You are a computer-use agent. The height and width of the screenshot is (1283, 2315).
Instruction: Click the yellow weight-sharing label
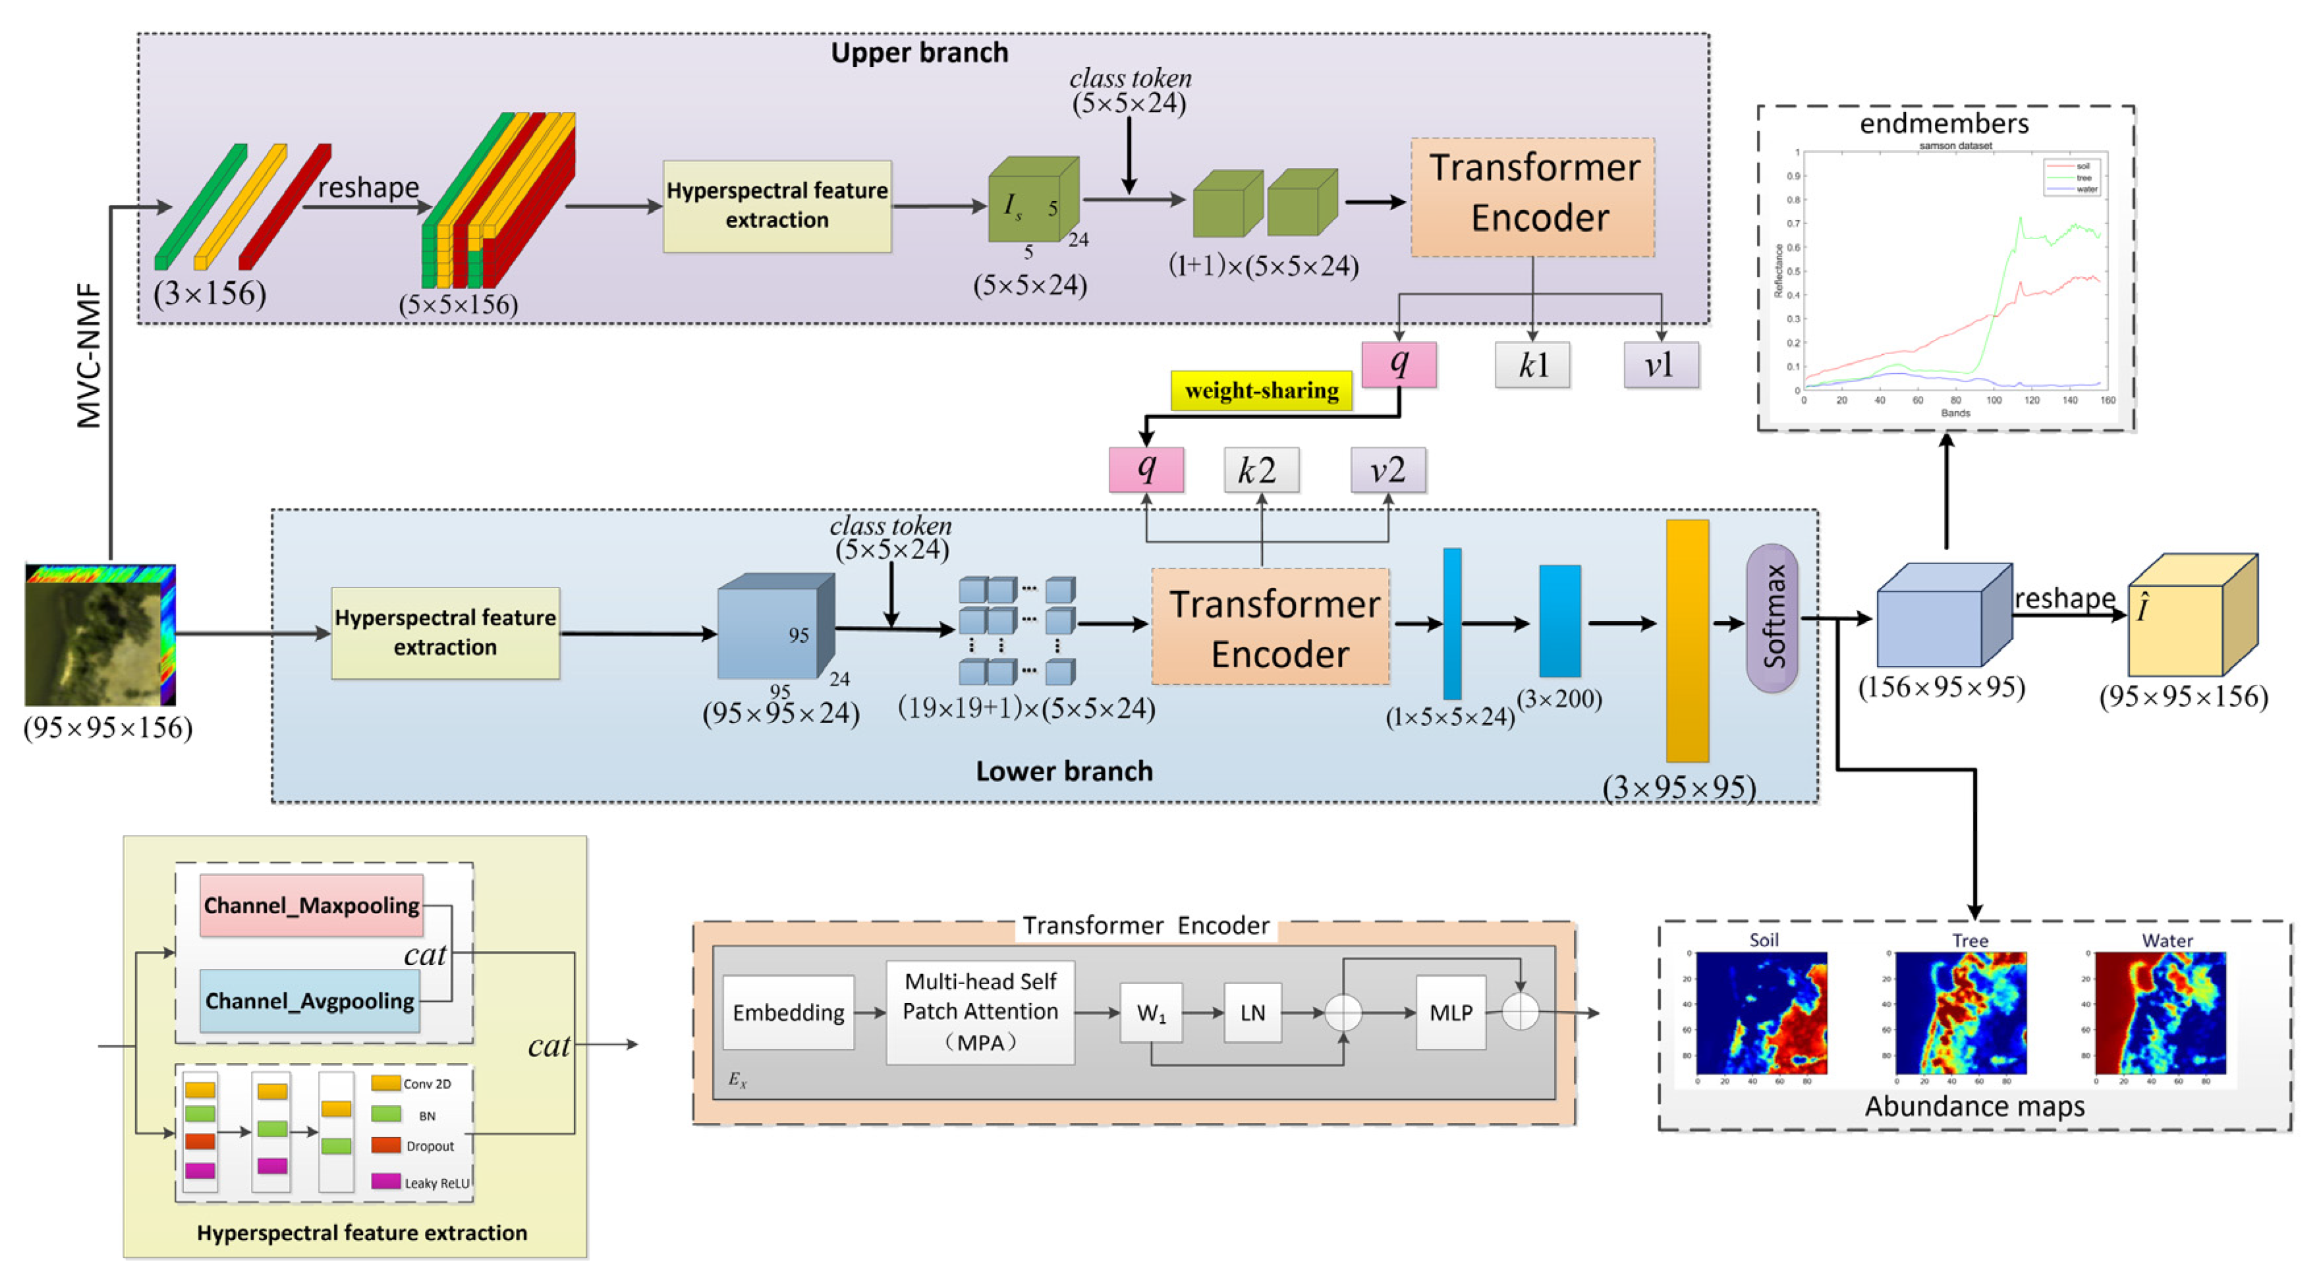click(x=1261, y=391)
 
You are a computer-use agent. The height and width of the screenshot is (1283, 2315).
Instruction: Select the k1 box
click(x=1532, y=365)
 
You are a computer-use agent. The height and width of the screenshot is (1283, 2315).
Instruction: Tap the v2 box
click(x=1387, y=470)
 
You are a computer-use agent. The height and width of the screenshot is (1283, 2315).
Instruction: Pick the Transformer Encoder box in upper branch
click(x=1532, y=196)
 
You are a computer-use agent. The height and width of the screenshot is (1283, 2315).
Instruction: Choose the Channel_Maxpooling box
click(x=311, y=905)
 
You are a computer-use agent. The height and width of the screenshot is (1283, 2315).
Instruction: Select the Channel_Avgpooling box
click(x=309, y=1000)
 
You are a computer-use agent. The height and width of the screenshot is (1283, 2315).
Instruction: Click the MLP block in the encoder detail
click(x=1451, y=1012)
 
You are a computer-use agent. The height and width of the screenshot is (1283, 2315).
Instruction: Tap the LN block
click(x=1252, y=1012)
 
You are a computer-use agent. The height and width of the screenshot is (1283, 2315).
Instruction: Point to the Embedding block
click(x=788, y=1012)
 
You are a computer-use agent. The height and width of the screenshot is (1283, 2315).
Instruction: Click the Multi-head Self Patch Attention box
click(x=980, y=1012)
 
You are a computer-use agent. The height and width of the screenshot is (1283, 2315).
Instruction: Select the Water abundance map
click(x=2160, y=1012)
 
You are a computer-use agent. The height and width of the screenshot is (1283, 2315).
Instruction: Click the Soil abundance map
click(x=1762, y=1012)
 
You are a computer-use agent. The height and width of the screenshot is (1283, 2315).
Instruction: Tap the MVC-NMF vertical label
click(x=89, y=355)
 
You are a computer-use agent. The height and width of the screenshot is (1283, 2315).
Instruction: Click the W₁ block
click(x=1150, y=1012)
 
